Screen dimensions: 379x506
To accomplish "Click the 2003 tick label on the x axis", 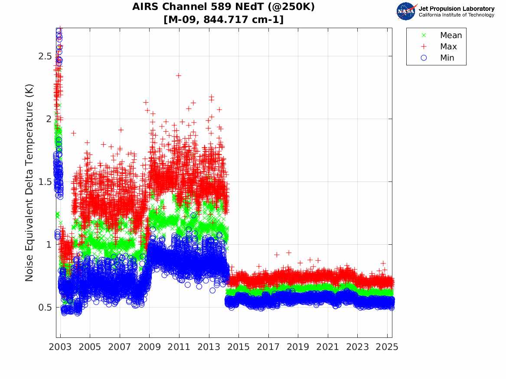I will pyautogui.click(x=60, y=347).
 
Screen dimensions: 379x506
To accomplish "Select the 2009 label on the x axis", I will pyautogui.click(x=150, y=347).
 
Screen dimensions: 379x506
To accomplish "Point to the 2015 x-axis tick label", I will pyautogui.click(x=238, y=347).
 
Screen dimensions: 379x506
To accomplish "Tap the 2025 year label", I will pyautogui.click(x=387, y=347).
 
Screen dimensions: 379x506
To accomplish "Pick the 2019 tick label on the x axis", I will pyautogui.click(x=298, y=347).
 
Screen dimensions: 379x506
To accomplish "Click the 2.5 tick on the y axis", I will pyautogui.click(x=43, y=56).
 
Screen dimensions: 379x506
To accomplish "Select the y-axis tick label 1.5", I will pyautogui.click(x=43, y=182).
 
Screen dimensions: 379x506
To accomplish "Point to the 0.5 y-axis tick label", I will pyautogui.click(x=43, y=308).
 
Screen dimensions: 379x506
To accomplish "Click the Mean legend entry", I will pyautogui.click(x=451, y=36).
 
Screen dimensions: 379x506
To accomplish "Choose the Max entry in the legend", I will pyautogui.click(x=448, y=47).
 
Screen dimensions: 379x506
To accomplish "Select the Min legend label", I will pyautogui.click(x=447, y=58).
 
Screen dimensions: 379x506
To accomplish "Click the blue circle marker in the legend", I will pyautogui.click(x=424, y=58).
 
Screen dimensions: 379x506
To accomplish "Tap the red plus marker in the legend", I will pyautogui.click(x=424, y=47).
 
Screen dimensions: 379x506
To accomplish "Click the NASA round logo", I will pyautogui.click(x=406, y=11).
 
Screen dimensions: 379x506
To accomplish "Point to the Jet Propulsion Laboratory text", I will pyautogui.click(x=456, y=9).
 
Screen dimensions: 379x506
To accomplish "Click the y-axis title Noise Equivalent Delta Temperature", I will pyautogui.click(x=29, y=191).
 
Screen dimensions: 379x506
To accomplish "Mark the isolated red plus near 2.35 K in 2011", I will pyautogui.click(x=178, y=75).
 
